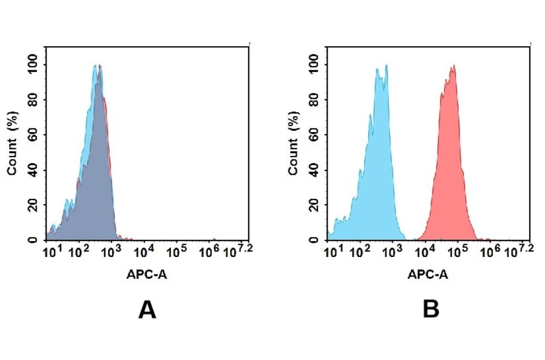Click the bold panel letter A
pos(147,310)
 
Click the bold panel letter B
pos(431,310)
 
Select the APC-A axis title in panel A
pos(147,275)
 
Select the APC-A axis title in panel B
pos(428,275)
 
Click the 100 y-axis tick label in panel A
pos(33,64)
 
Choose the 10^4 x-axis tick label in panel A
pos(144,250)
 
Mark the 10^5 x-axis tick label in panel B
pos(457,250)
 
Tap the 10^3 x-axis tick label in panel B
pos(393,250)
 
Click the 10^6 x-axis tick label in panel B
pos(490,250)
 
